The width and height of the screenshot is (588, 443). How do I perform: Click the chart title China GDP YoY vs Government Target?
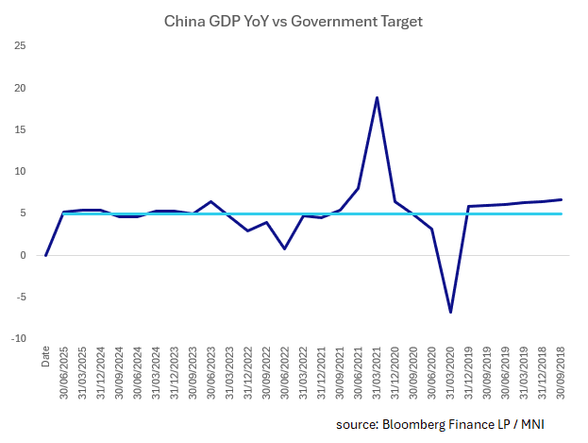click(x=294, y=19)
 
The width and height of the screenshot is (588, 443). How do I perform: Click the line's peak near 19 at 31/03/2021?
click(x=377, y=97)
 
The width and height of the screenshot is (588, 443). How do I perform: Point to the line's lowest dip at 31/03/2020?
click(x=450, y=312)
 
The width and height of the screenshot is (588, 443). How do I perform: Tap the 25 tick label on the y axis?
click(x=20, y=46)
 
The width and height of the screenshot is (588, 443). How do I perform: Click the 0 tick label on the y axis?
click(x=23, y=255)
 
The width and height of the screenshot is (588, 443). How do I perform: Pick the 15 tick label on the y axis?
click(x=20, y=129)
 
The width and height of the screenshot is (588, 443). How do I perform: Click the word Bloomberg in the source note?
click(x=416, y=424)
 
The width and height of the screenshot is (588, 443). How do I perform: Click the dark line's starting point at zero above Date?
click(x=45, y=255)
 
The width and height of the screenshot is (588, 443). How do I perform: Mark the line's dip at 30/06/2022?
click(x=285, y=248)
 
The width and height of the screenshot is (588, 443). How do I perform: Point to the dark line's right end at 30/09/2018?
click(x=562, y=199)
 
